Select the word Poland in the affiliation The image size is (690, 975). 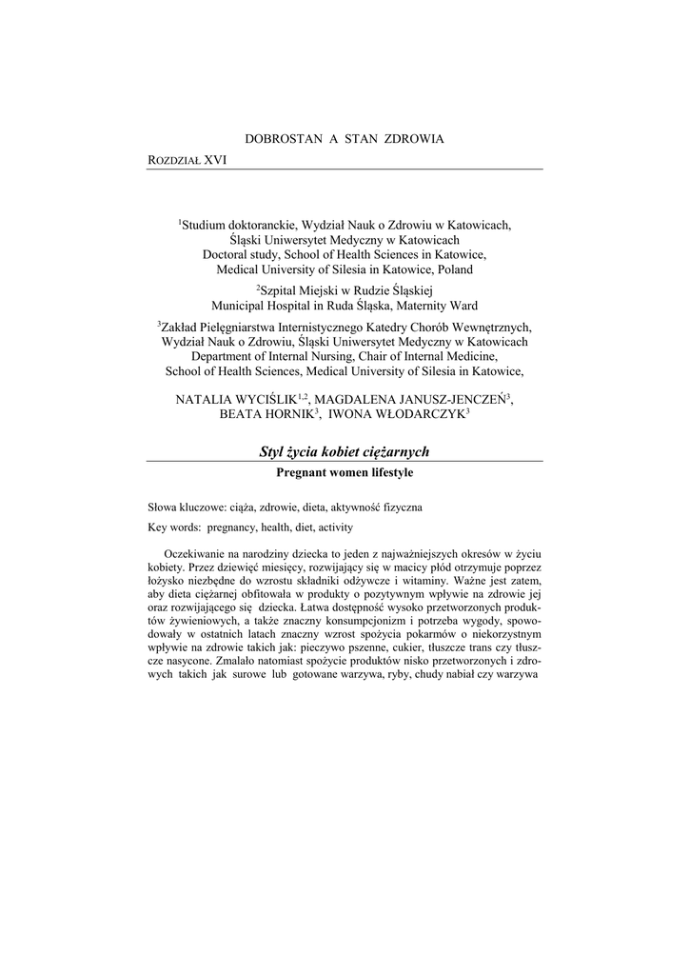pos(448,269)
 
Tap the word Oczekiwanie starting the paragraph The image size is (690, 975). pos(195,553)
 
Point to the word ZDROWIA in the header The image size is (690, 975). pos(414,139)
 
